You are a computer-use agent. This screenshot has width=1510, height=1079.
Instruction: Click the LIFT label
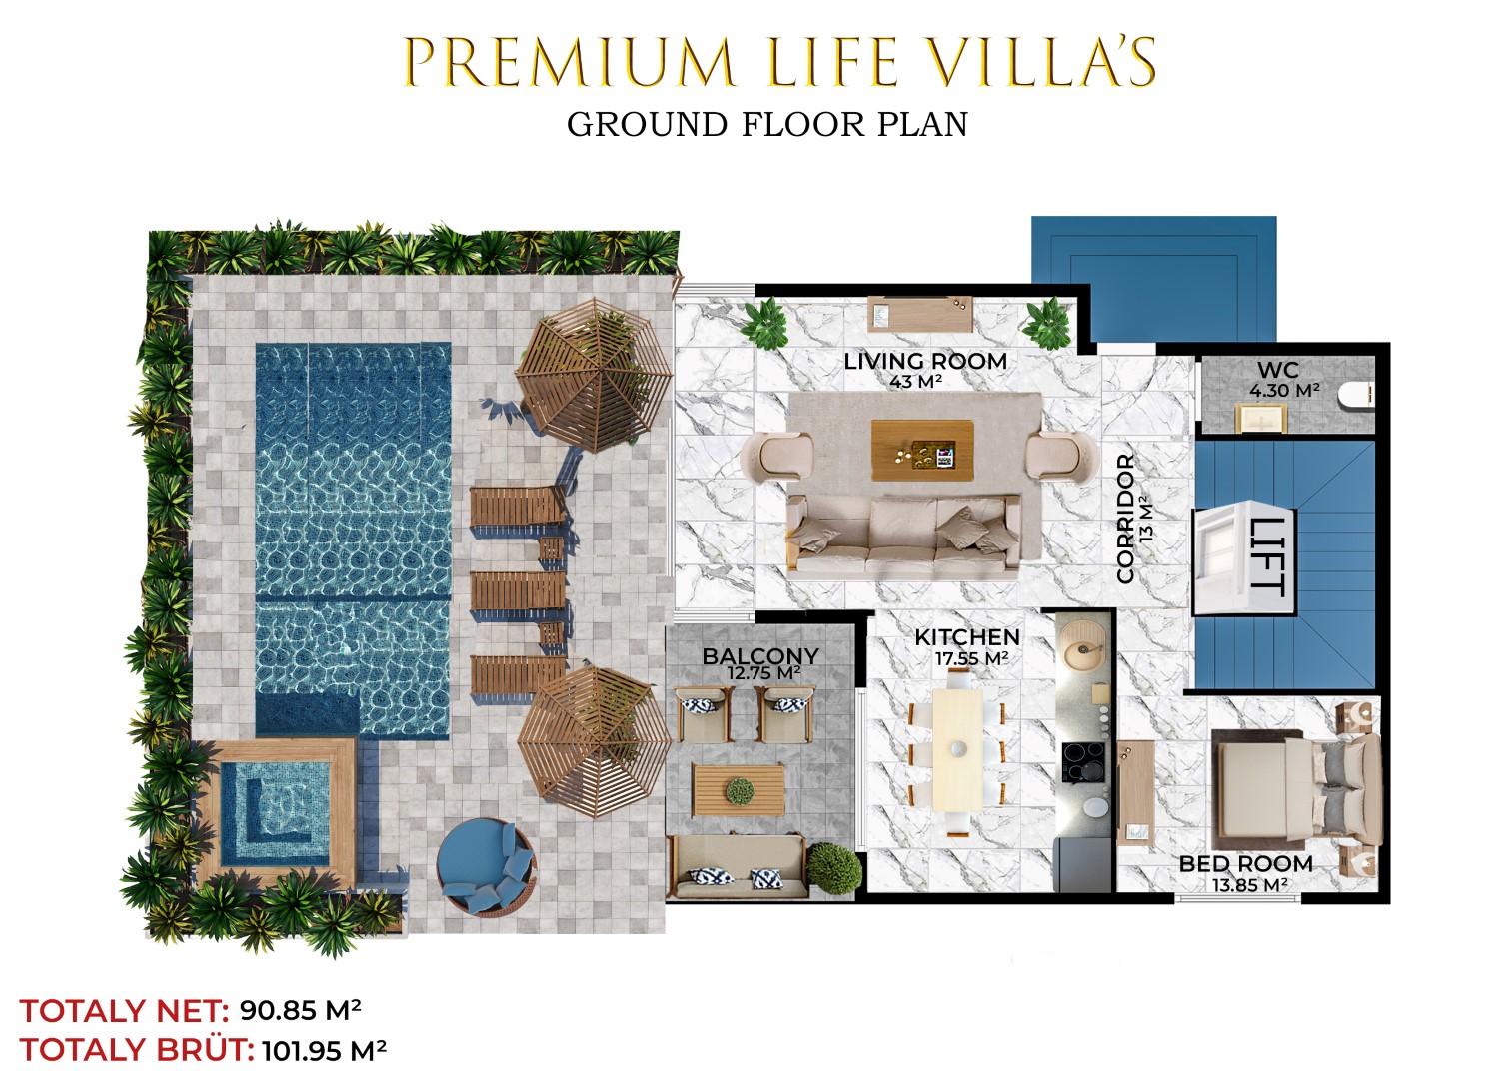[x=1266, y=556]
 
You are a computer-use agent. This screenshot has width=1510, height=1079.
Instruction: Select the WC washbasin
[x=1260, y=418]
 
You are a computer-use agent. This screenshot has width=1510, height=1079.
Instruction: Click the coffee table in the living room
[x=922, y=451]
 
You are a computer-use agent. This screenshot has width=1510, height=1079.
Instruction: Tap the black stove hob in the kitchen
[x=1084, y=761]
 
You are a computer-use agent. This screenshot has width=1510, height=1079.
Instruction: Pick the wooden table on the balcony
[x=739, y=790]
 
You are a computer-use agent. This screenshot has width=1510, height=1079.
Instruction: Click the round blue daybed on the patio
[x=486, y=867]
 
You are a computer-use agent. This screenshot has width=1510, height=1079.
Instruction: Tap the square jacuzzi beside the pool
[x=277, y=813]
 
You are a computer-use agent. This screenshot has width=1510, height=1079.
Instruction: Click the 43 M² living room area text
[x=916, y=382]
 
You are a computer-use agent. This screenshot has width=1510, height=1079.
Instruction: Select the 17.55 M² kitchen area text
[x=971, y=658]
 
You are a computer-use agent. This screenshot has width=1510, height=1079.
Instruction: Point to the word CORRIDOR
[x=1126, y=519]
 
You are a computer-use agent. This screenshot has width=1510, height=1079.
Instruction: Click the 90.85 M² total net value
[x=301, y=1010]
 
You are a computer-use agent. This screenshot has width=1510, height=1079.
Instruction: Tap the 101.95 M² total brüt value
[x=324, y=1050]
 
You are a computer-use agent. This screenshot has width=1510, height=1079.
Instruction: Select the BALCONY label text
[x=760, y=655]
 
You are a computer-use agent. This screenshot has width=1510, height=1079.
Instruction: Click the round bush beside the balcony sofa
[x=833, y=868]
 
